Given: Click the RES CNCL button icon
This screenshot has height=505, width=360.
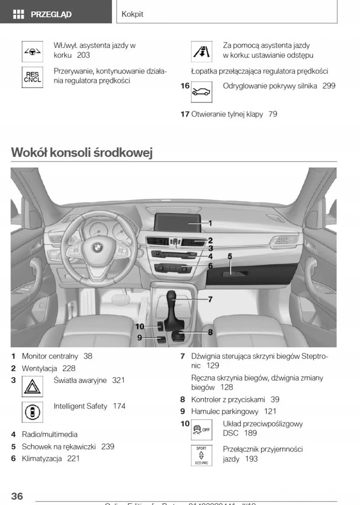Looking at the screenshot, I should (x=32, y=77).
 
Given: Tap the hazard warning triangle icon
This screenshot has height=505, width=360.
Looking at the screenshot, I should (x=32, y=387).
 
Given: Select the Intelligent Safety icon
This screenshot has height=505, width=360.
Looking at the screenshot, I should (x=32, y=412).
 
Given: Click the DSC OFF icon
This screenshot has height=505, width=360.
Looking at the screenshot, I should (x=202, y=430).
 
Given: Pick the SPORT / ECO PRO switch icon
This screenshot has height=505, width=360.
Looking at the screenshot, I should (x=202, y=455).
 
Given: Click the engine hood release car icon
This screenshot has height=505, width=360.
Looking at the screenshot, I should (x=202, y=92).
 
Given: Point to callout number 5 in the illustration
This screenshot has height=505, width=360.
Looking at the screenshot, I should (x=230, y=256).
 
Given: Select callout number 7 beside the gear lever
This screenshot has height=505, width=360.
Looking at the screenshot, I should (x=210, y=299).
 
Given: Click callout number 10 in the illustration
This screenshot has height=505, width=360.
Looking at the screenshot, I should (x=140, y=326).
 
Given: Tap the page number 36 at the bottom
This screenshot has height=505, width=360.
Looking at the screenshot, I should (x=17, y=496).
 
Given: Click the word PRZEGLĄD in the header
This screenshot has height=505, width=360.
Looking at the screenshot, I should (x=51, y=15).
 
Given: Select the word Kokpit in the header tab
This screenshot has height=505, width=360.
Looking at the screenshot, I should (x=132, y=14).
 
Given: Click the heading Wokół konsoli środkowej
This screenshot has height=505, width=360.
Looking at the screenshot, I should (x=81, y=152).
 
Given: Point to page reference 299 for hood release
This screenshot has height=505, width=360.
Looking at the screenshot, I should (x=329, y=86).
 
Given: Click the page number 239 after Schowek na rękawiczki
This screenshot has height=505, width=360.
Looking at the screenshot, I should (x=108, y=447).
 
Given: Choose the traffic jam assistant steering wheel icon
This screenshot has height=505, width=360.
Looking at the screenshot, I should (x=32, y=51).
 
